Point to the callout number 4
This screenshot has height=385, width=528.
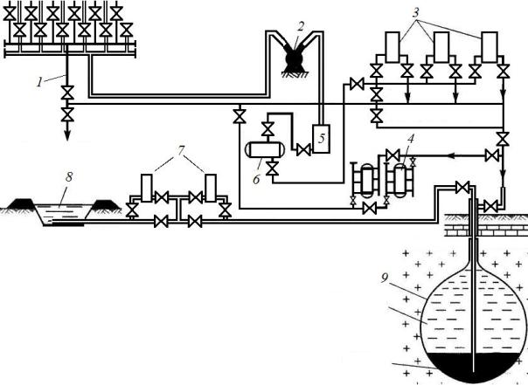tap(400, 136)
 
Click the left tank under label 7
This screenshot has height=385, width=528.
tap(147, 187)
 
